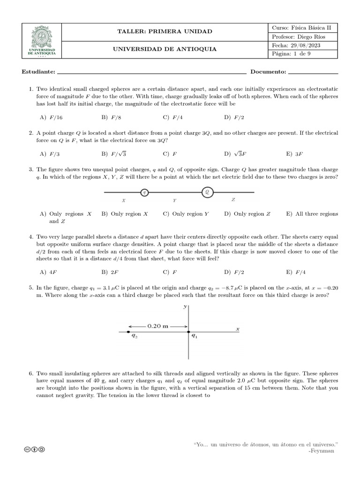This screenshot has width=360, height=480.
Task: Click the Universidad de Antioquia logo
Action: click(x=42, y=41)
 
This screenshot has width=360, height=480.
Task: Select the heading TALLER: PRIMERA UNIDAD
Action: click(x=164, y=31)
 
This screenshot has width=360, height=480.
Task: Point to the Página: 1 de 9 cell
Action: click(x=291, y=54)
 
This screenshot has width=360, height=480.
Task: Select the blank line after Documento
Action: click(x=313, y=73)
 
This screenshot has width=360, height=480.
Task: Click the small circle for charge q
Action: click(x=145, y=192)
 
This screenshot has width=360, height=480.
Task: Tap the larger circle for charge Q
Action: click(x=207, y=192)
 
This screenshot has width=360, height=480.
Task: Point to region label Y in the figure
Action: click(x=174, y=201)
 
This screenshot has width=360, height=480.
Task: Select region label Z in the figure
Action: click(x=233, y=200)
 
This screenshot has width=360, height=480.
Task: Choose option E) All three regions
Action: click(x=312, y=214)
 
